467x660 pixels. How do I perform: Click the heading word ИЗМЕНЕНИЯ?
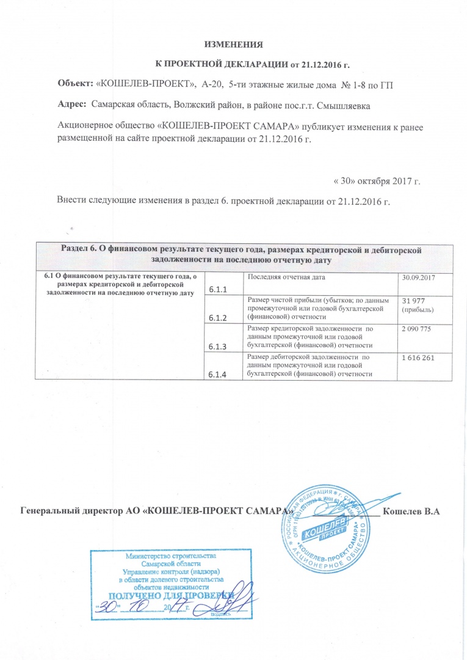click(234, 45)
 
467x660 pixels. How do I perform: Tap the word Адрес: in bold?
click(70, 105)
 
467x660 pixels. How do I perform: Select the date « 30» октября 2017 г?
click(377, 181)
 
